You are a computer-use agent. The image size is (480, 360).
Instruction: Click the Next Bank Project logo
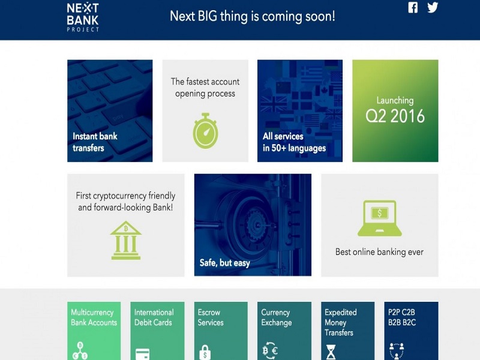(83, 17)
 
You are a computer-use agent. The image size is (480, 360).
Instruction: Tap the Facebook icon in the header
(413, 8)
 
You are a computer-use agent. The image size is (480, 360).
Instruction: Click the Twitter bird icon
(433, 8)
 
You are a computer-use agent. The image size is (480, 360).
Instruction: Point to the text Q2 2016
(395, 116)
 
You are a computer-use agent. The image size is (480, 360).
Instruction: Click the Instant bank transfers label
(95, 142)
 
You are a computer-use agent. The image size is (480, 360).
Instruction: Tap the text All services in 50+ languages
(294, 142)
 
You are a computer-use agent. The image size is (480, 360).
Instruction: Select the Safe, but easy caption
(224, 263)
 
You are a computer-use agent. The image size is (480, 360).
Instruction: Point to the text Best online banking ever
(379, 252)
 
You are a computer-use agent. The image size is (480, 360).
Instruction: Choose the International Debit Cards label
(154, 317)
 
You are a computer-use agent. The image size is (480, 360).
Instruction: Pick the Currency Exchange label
(275, 317)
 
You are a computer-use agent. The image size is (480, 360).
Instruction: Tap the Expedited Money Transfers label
(341, 322)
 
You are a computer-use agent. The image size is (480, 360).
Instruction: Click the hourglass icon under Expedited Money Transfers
(331, 352)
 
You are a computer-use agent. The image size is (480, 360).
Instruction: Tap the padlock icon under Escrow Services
(204, 352)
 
